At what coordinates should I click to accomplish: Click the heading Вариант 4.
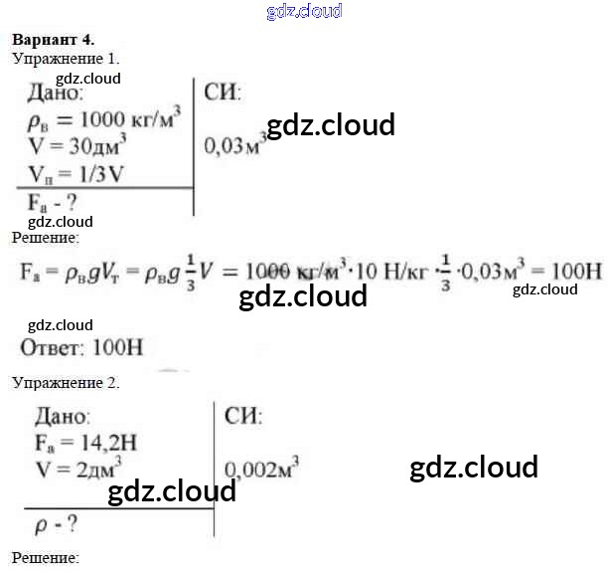[53, 40]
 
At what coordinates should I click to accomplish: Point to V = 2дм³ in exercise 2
[79, 464]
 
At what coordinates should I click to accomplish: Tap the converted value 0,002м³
[261, 469]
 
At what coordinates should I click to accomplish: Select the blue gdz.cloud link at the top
[304, 12]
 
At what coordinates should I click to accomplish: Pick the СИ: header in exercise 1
[223, 94]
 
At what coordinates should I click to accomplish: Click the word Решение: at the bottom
[45, 558]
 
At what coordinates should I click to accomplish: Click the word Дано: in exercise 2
[63, 417]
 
